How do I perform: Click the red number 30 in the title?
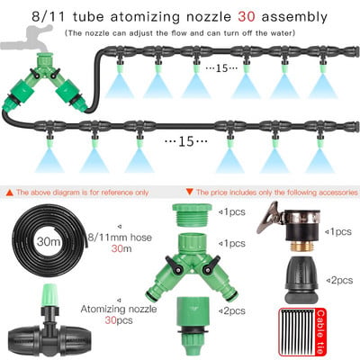click(247, 16)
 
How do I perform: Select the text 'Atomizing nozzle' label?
click(119, 309)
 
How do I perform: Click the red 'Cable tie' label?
click(320, 332)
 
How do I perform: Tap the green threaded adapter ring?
click(193, 215)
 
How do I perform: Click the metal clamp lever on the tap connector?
click(269, 217)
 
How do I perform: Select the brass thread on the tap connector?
click(302, 247)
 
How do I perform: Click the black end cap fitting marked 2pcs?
click(301, 280)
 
